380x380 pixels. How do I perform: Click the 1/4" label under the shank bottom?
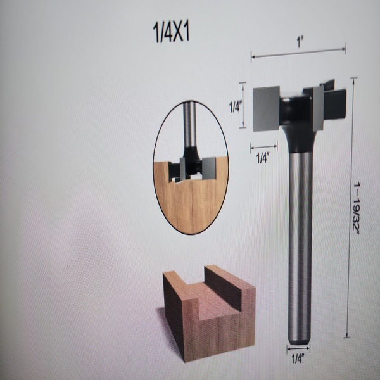pyautogui.click(x=298, y=358)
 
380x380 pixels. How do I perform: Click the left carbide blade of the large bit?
pyautogui.click(x=267, y=109)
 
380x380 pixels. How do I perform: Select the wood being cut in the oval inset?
pyautogui.click(x=190, y=203)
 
